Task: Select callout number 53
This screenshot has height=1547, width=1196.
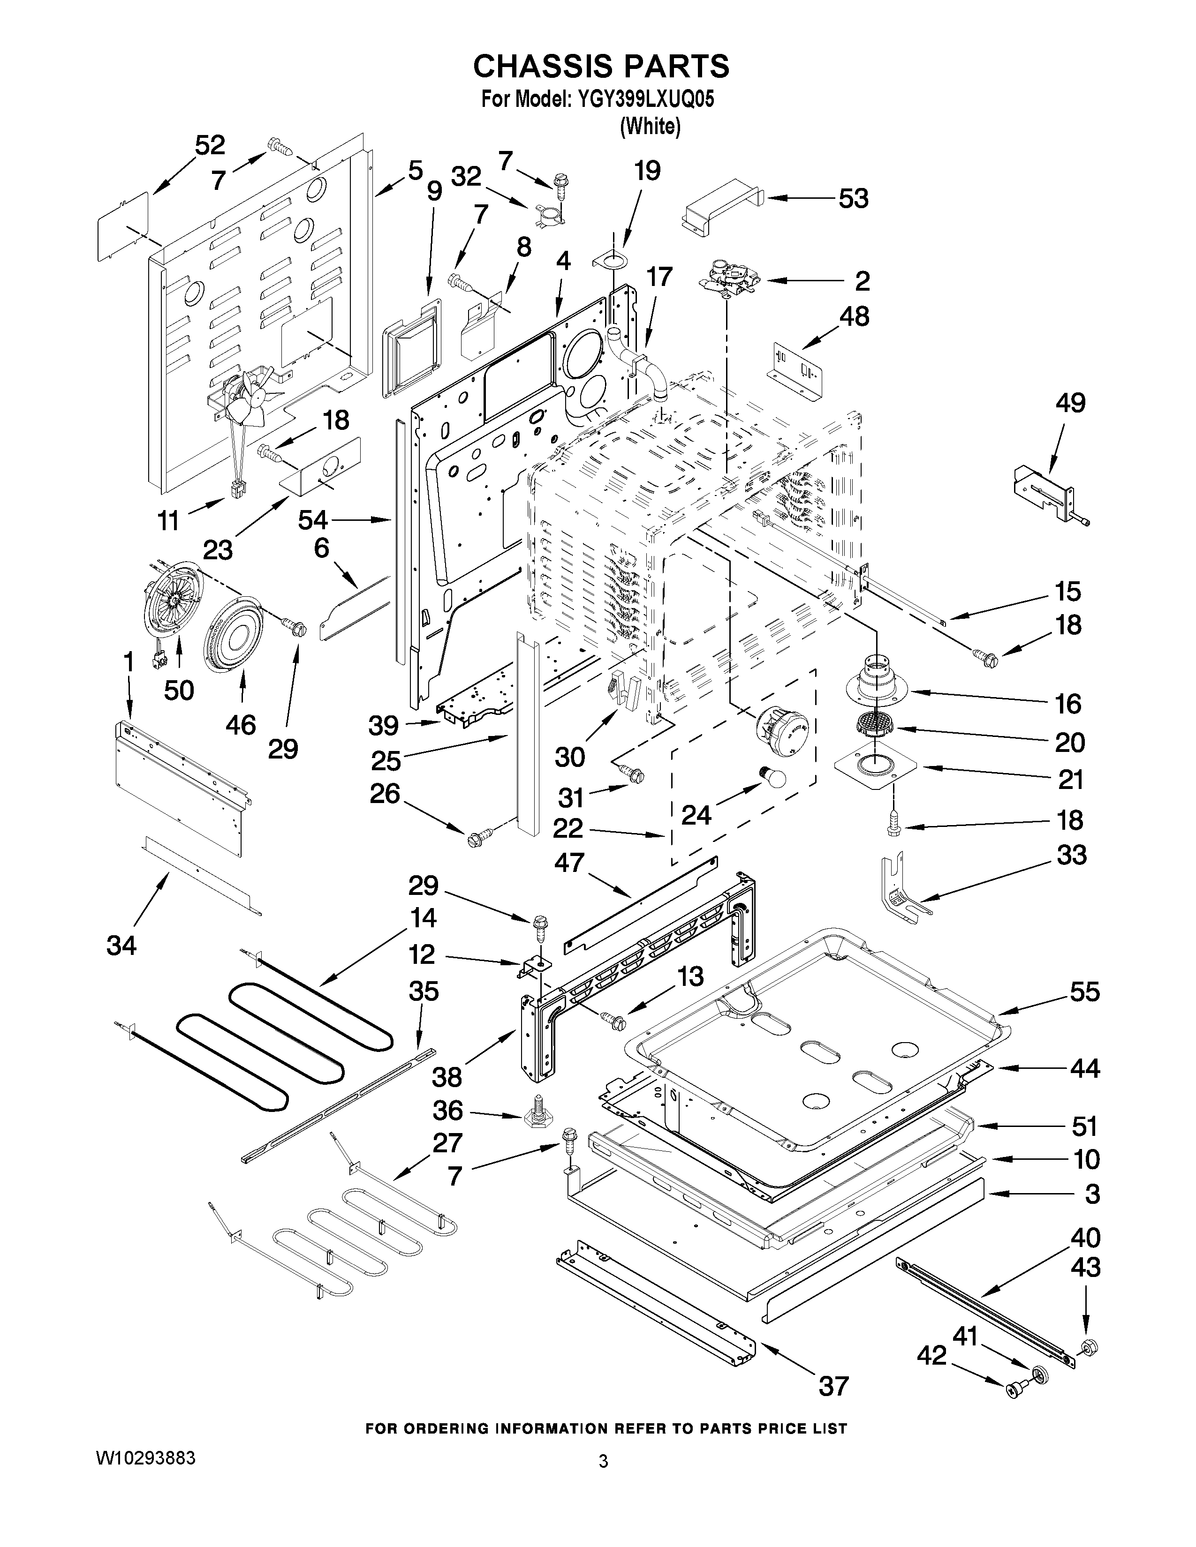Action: coord(853,199)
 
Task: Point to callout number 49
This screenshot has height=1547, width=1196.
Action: coord(1070,403)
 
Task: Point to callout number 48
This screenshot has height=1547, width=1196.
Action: coord(855,316)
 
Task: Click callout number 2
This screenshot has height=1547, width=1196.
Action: coord(862,281)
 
